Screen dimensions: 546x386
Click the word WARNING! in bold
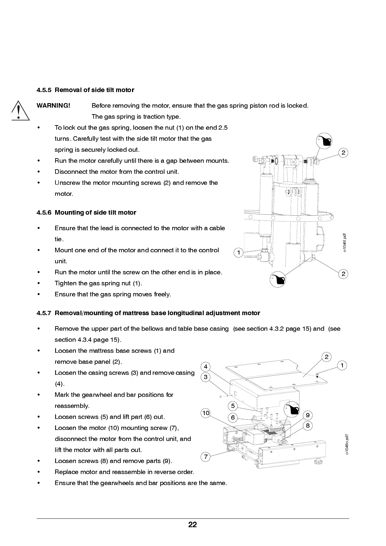coord(53,105)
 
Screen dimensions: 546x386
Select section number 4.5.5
coord(44,90)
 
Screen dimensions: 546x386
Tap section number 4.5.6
coord(44,212)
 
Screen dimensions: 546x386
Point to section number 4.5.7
coord(44,313)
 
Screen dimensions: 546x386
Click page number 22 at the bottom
coord(193,525)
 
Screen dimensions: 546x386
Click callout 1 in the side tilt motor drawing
coord(238,252)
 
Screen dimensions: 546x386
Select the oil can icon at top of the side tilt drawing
coord(324,141)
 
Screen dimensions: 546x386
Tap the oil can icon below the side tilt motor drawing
coord(278,279)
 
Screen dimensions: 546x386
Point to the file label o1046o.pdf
coord(347,445)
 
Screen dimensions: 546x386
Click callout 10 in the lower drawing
coord(206,413)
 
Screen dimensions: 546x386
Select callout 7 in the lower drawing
coord(206,457)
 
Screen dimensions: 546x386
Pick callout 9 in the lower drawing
coord(308,415)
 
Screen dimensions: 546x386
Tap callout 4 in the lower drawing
coord(206,367)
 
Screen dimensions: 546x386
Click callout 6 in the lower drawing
coord(233,418)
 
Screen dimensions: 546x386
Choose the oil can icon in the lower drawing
coord(292,410)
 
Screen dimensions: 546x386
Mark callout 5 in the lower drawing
coord(233,406)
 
